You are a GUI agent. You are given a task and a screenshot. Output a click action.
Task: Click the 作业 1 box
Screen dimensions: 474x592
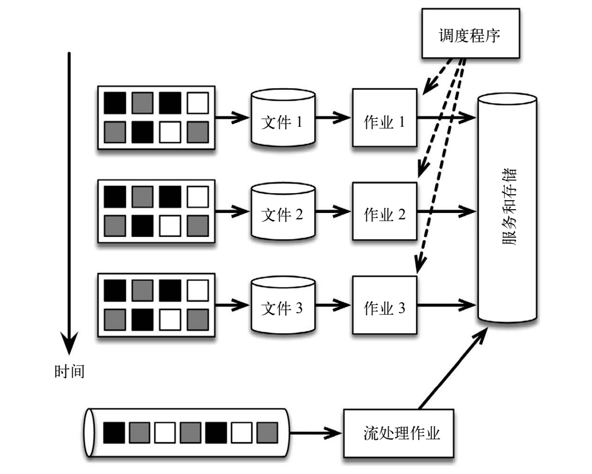coord(384,118)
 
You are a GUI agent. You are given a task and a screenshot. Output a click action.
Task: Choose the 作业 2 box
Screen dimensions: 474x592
coord(384,212)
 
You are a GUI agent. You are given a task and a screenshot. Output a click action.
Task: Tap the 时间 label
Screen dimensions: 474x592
coord(69,370)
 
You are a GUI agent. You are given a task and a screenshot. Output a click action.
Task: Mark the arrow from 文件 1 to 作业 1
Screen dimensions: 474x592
coord(333,118)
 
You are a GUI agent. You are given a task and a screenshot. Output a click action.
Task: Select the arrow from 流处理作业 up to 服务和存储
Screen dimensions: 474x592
coord(452,369)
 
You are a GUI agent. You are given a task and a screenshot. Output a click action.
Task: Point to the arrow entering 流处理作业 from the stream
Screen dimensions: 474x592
coord(316,432)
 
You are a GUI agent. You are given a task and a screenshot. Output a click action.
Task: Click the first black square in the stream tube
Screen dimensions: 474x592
coord(113,432)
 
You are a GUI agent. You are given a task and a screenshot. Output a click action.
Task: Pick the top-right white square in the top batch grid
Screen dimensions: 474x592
coord(196,103)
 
